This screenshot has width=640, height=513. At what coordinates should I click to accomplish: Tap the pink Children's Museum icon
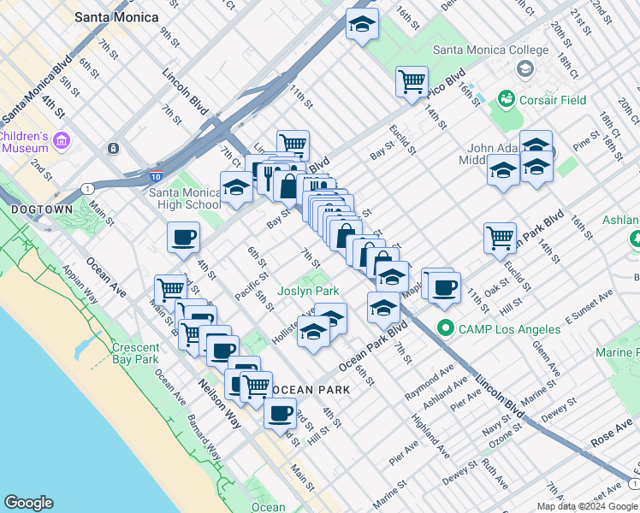61,139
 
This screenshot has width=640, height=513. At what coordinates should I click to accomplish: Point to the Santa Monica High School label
185,198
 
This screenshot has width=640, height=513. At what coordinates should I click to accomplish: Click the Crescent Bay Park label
136,353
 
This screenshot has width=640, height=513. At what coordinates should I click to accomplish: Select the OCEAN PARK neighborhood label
311,390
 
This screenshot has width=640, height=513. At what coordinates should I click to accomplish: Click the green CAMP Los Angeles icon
445,327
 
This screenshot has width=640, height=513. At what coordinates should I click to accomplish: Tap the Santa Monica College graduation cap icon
524,68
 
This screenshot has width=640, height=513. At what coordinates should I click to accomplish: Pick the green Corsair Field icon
506,100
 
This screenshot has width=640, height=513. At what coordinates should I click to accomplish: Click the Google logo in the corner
28,503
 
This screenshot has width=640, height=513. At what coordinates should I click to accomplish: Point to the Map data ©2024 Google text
587,506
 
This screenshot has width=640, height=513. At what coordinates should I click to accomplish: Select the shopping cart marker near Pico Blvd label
412,82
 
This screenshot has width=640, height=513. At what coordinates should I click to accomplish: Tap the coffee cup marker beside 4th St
182,239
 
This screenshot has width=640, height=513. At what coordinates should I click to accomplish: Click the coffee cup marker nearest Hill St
279,414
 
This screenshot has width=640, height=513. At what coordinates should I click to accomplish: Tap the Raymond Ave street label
433,381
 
